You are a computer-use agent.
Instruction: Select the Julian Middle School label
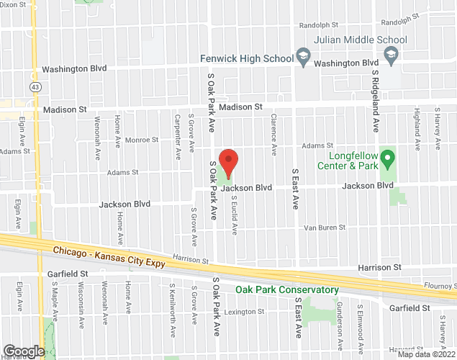point(361,40)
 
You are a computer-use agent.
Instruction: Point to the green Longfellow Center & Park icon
point(387,156)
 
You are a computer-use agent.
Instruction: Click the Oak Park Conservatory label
point(287,290)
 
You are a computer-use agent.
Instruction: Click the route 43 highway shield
point(35,86)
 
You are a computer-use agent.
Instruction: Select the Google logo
point(23,351)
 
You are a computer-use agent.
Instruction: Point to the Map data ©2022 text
point(426,354)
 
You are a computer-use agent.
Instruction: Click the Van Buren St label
point(325,227)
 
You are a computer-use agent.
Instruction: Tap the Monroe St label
point(141,140)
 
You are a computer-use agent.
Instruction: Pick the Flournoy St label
point(440,285)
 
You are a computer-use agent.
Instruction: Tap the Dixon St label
point(17,4)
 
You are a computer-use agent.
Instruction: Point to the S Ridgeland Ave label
point(375,101)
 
